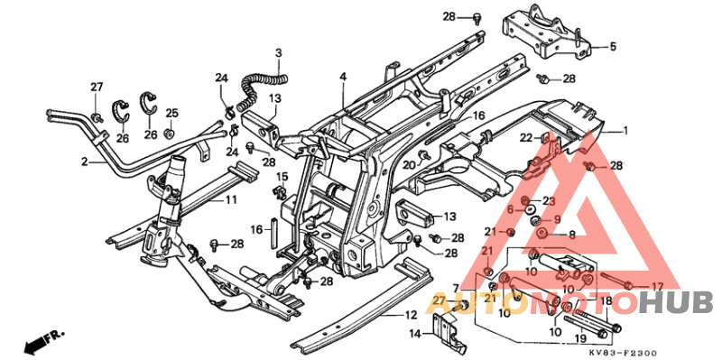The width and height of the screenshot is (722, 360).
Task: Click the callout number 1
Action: point(624,131)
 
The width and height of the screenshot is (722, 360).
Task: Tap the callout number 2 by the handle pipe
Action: point(83,162)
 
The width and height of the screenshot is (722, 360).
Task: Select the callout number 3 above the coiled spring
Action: point(279,53)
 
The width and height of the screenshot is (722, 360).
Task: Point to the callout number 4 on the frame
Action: point(343,78)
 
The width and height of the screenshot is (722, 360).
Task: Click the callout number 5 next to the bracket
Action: point(612,47)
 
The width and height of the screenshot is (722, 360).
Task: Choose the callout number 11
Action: point(231,198)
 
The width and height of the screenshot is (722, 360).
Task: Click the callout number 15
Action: point(281,176)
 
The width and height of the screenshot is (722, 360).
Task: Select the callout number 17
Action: point(670,286)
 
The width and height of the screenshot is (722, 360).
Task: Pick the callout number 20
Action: point(408,165)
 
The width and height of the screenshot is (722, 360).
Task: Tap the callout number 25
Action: point(171,113)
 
